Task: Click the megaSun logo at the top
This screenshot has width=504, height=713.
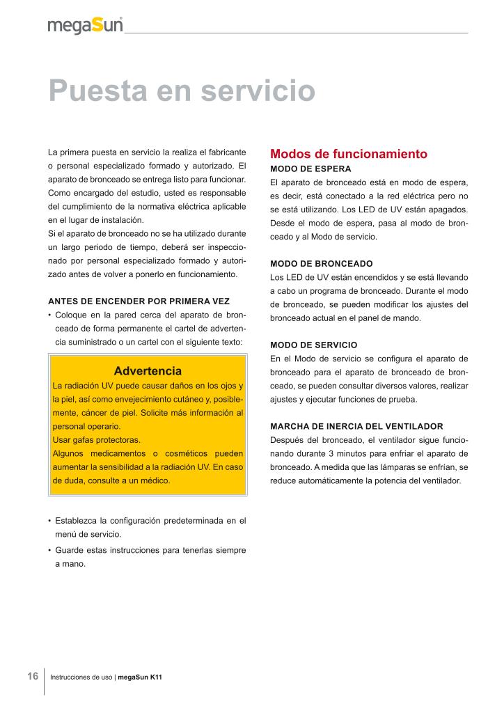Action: [85, 25]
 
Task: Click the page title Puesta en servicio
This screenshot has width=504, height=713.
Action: [182, 91]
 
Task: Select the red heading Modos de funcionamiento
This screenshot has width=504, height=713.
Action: [348, 154]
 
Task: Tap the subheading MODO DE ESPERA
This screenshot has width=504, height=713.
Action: [310, 169]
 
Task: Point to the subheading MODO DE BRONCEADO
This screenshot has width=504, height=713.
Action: [321, 264]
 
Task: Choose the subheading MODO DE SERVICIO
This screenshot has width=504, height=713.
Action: [313, 345]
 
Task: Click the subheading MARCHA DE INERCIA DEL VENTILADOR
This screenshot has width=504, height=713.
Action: [356, 425]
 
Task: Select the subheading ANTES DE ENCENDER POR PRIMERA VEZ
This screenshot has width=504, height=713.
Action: [139, 301]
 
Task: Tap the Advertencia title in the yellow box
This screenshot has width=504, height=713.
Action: [148, 371]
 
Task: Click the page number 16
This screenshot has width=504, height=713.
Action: [33, 676]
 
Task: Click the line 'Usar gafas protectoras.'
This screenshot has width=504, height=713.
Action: [97, 439]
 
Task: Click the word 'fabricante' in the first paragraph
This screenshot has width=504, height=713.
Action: [223, 151]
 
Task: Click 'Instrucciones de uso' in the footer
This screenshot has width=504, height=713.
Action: [81, 677]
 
